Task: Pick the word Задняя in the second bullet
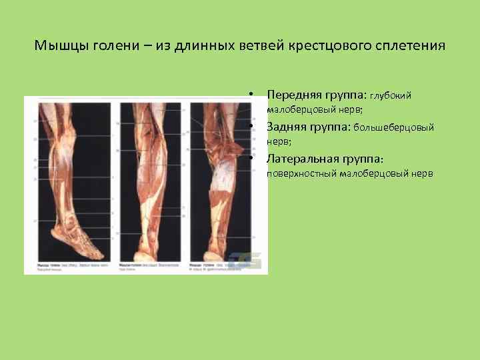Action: [287, 127]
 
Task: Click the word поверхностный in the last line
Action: [301, 174]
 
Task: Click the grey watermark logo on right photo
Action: [240, 261]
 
